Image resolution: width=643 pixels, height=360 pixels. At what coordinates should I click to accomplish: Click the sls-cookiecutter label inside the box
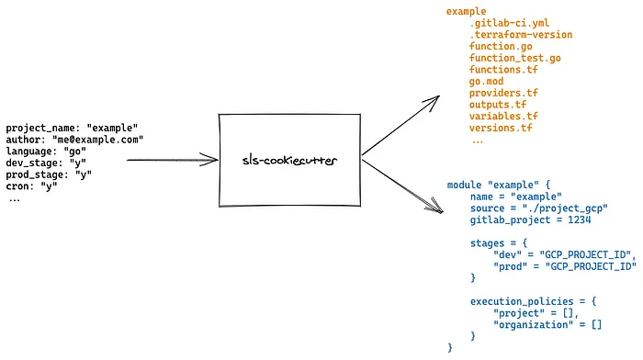tap(289, 161)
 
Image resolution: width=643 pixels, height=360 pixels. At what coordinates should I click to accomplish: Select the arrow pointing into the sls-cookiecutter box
tap(173, 160)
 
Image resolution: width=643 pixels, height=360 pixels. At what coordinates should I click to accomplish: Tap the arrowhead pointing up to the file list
tap(433, 102)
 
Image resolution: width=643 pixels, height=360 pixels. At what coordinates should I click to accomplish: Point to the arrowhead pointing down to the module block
tap(435, 207)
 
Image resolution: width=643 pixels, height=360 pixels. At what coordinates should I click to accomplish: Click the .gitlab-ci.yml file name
tap(509, 23)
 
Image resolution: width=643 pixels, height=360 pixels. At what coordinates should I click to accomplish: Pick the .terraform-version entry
tap(521, 35)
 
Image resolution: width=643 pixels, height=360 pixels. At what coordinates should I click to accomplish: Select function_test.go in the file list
tap(514, 58)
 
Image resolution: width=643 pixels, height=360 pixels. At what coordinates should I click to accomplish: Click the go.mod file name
tap(486, 81)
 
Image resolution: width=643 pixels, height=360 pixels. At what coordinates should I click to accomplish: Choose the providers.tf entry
tap(503, 93)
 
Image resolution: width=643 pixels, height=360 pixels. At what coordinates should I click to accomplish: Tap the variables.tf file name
tap(503, 116)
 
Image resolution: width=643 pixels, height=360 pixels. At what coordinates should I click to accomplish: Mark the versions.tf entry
tap(501, 128)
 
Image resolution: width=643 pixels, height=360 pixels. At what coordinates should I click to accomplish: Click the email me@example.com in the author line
tap(97, 140)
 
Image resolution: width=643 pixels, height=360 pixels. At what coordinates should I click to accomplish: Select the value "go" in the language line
tap(74, 152)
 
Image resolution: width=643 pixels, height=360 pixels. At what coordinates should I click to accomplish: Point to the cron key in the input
tap(19, 186)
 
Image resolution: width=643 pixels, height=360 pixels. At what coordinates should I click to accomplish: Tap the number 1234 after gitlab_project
tap(579, 219)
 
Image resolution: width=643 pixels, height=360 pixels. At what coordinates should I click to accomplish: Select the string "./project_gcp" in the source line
tap(565, 208)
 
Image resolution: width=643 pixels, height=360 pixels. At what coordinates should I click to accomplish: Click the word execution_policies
tap(522, 301)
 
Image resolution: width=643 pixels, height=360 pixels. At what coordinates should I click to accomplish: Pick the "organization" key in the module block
tap(533, 325)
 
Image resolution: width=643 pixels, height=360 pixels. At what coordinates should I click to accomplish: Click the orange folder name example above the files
tap(467, 11)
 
